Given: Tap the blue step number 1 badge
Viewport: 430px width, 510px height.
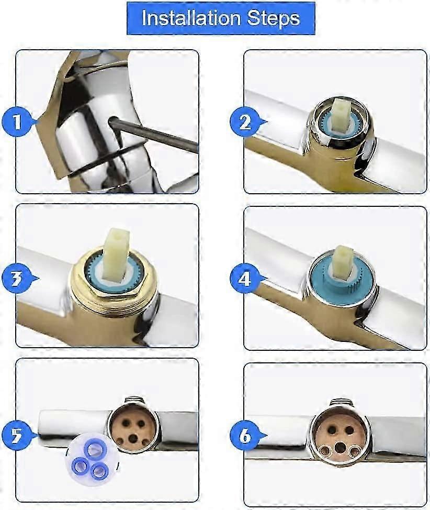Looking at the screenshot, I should [18, 123].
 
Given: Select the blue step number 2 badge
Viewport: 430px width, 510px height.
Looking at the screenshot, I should [245, 123].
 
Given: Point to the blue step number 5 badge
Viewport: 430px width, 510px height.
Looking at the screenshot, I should [17, 436].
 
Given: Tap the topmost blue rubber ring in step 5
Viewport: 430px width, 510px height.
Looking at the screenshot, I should [95, 449].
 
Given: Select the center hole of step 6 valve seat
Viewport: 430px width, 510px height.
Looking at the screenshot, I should [340, 447].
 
